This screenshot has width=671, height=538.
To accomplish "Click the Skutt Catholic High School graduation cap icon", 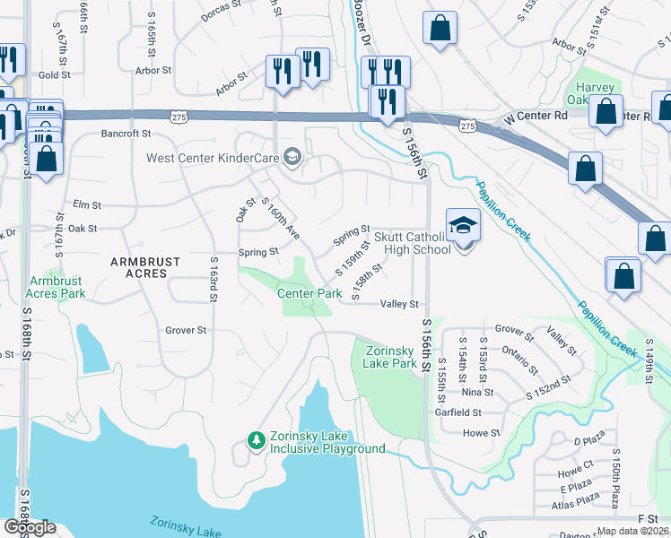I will pyautogui.click(x=463, y=224).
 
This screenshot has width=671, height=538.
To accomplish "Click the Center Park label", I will pyautogui.click(x=309, y=293).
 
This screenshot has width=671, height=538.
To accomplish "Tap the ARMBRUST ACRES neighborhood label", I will pyautogui.click(x=145, y=262).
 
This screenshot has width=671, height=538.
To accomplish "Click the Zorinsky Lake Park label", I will pyautogui.click(x=390, y=357).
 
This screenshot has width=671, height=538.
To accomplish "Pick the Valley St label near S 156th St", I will pyautogui.click(x=400, y=304).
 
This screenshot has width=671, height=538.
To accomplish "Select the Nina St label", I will pyautogui.click(x=477, y=393).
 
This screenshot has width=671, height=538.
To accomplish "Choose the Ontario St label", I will pyautogui.click(x=520, y=366).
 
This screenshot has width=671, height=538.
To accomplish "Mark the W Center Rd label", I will pyautogui.click(x=536, y=117).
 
